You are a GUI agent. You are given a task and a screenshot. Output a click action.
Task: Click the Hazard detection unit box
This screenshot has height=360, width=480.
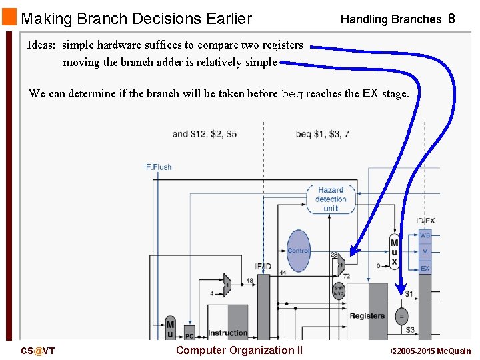[331, 199]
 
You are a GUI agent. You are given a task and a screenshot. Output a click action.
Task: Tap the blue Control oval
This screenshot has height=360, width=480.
[298, 251]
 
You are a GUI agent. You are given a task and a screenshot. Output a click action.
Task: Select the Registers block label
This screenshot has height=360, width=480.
[367, 315]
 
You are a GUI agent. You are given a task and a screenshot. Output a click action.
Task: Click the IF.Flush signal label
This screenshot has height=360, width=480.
[158, 167]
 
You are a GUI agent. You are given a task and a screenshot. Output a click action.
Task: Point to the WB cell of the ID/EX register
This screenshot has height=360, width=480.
[424, 235]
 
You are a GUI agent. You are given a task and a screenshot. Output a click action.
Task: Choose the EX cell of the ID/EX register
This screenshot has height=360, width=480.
[424, 268]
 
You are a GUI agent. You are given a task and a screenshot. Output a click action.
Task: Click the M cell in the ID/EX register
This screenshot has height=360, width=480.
[425, 252]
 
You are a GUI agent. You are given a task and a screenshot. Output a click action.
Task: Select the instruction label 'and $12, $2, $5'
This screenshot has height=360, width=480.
[204, 134]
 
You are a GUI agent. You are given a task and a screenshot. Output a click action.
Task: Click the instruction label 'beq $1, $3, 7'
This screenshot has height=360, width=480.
[323, 134]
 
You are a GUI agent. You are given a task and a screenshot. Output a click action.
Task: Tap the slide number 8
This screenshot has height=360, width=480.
[451, 19]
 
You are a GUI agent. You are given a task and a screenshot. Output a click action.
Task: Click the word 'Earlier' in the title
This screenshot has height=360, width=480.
[219, 19]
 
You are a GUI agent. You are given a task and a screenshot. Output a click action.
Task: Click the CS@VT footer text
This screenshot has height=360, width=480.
[37, 351]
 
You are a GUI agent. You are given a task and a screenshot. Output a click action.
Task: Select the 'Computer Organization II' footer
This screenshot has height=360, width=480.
[239, 351]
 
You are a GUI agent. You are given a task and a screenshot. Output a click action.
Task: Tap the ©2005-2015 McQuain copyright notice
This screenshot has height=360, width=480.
[430, 351]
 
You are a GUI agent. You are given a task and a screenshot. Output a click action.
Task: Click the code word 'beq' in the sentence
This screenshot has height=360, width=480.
[292, 94]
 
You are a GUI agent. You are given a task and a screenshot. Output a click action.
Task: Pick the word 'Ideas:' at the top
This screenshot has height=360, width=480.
[41, 45]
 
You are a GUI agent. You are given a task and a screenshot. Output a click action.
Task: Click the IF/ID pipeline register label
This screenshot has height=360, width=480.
[263, 267]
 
